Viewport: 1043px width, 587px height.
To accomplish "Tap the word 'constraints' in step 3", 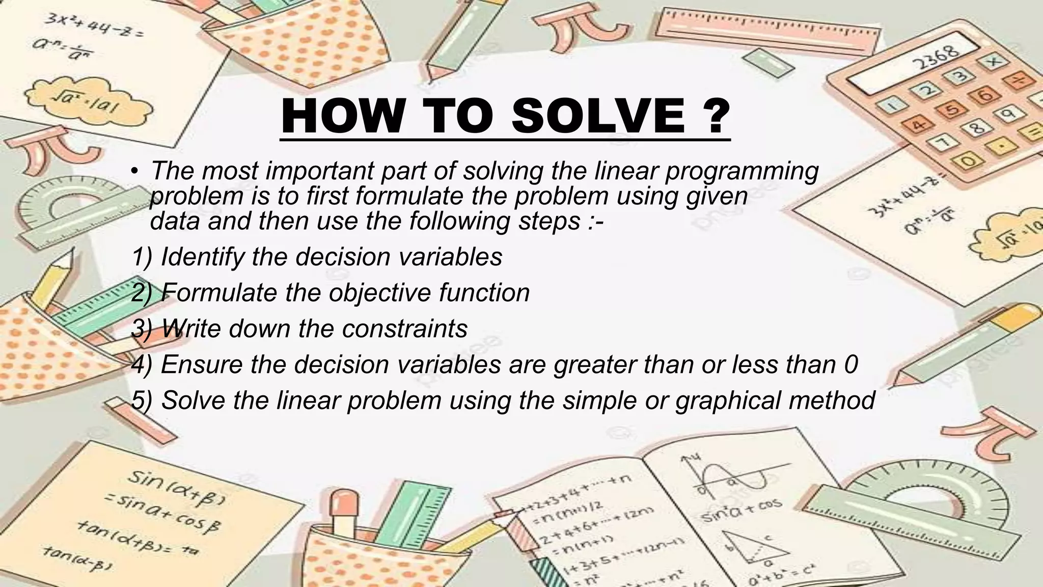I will [404, 329].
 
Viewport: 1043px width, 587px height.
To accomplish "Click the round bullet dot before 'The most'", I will [133, 171].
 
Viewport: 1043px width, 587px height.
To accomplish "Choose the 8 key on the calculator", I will [977, 127].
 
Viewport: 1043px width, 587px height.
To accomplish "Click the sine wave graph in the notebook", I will [733, 476].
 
